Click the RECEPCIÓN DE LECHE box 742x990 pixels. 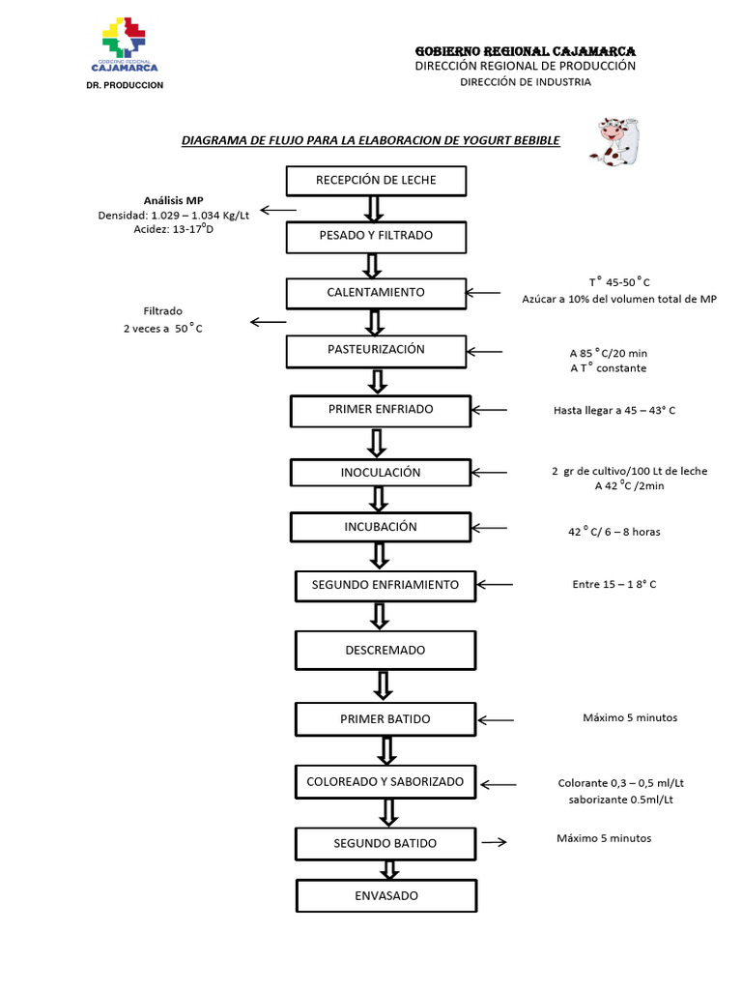tap(376, 181)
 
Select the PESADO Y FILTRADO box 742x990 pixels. tap(376, 236)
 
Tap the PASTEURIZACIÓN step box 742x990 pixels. tap(376, 350)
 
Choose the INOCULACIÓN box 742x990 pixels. tap(381, 473)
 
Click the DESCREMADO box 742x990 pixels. tap(385, 651)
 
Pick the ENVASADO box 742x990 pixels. tap(386, 896)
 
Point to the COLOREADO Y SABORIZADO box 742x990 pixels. tap(385, 781)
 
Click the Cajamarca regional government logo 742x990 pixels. tap(125, 45)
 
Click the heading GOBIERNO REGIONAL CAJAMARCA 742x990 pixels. tap(525, 50)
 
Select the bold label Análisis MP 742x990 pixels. tap(174, 201)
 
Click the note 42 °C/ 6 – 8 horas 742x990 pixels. tap(614, 532)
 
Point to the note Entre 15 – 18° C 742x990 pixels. tap(614, 584)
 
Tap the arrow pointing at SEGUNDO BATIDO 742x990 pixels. tap(494, 842)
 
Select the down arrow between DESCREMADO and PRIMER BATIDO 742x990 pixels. tap(384, 684)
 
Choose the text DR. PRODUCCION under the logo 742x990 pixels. tap(125, 85)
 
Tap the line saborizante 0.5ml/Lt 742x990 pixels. tap(621, 801)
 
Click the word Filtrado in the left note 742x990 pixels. tap(163, 311)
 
